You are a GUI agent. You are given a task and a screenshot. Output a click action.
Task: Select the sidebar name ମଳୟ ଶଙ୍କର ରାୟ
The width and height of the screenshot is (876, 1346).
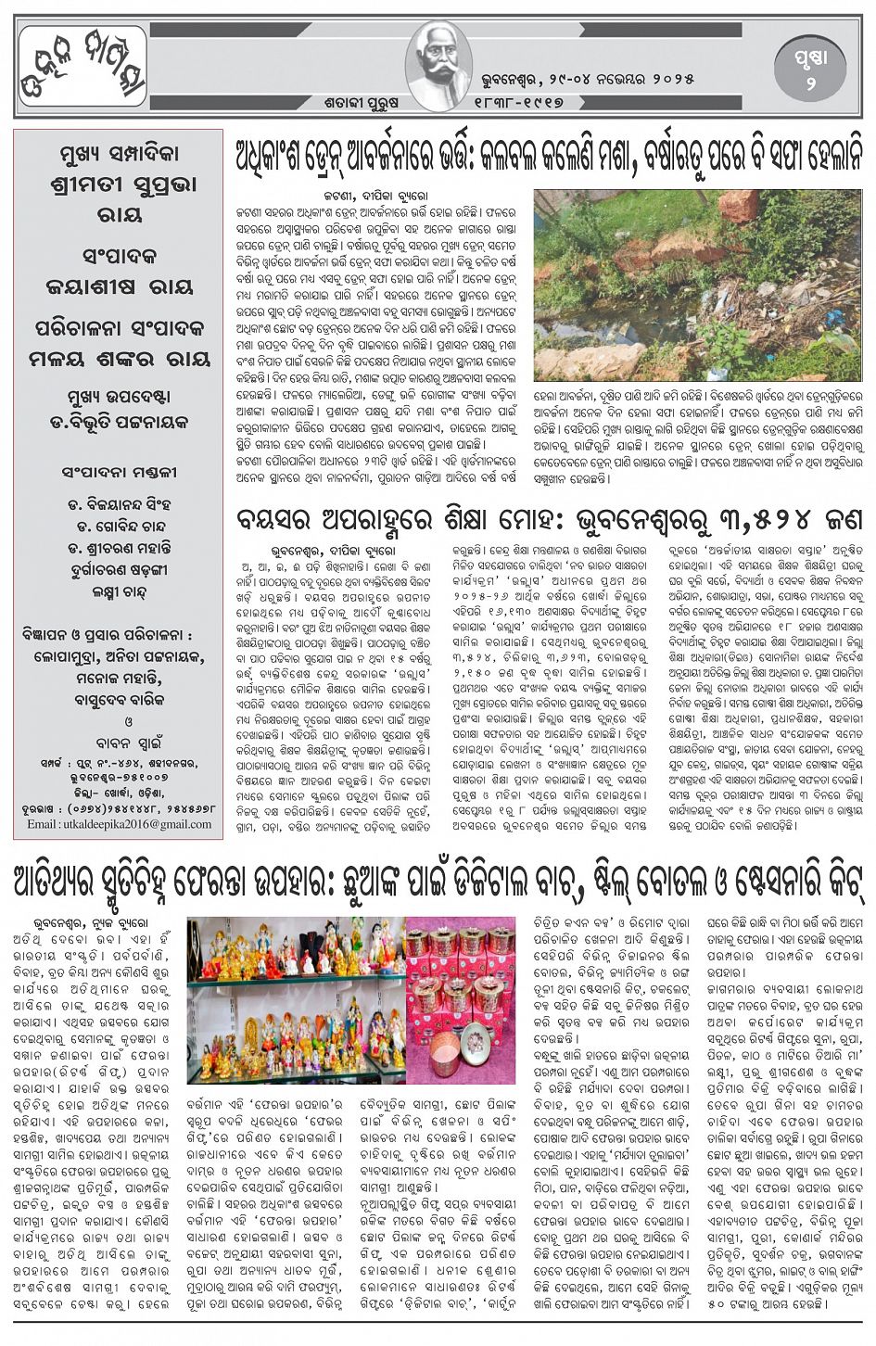[118, 360]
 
